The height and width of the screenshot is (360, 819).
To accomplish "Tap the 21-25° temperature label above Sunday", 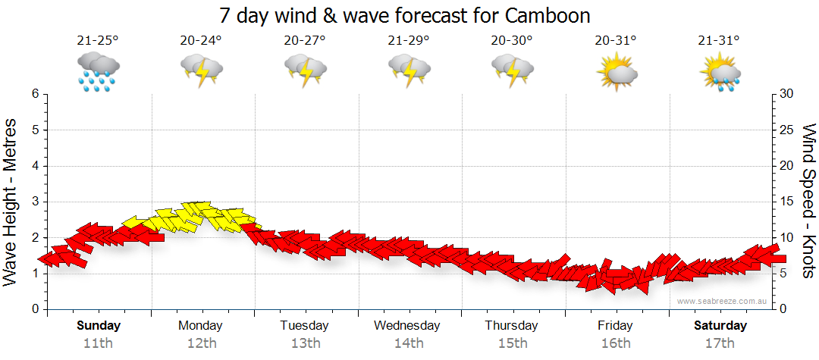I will pos(98,41).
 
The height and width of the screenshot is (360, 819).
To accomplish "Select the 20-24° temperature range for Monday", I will pos(201,41).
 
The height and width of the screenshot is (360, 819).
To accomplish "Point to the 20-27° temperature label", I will pos(305,41).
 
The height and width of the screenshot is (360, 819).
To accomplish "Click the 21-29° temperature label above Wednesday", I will pos(409,41).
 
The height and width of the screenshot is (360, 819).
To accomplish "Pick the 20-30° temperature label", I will pos(512,41).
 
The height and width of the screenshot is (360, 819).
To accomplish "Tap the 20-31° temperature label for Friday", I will pos(616,41).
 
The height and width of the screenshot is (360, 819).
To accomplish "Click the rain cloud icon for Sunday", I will pos(98,71).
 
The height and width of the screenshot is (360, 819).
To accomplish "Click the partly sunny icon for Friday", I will pos(616,71).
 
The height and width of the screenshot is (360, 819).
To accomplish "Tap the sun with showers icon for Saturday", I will pos(720,71).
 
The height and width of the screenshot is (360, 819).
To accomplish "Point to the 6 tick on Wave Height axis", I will pos(35,94).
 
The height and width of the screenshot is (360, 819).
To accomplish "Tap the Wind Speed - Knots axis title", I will pos(808,202).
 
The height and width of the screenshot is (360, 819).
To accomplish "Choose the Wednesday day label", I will pos(408,325).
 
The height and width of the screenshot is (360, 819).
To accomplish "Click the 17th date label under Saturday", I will pos(720,343).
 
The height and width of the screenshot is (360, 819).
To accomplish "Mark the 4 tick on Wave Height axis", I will pos(35,166).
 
